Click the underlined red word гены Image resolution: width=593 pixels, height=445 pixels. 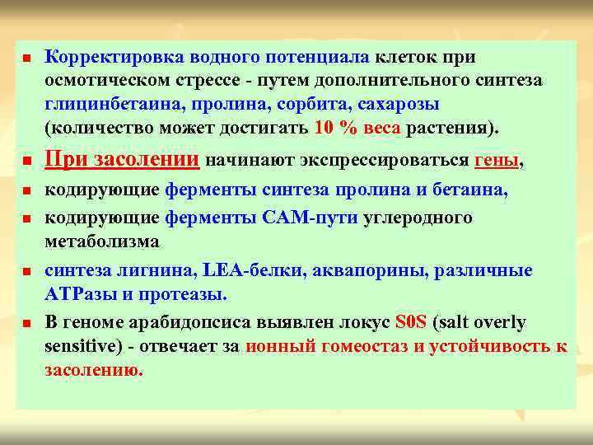coord(497,161)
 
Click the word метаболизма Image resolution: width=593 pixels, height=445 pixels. coord(102,241)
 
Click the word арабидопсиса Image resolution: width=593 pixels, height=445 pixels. coord(195,322)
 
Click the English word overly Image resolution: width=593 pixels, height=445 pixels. coord(497,322)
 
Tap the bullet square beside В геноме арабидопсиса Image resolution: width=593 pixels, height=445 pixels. coord(26,323)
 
